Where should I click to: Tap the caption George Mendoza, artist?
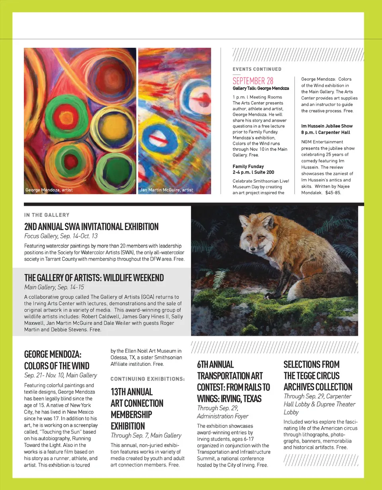(49, 190)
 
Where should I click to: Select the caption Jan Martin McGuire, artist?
(166, 190)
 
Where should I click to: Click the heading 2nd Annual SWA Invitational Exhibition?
(91, 227)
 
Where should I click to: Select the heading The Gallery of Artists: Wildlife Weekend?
(94, 277)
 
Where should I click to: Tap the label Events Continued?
(257, 69)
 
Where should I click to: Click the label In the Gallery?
(47, 215)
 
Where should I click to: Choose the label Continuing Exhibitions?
(147, 379)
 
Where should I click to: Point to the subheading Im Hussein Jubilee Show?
(327, 126)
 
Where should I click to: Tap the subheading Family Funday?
(248, 166)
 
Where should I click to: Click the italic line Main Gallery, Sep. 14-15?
(54, 287)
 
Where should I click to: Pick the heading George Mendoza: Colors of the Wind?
(57, 360)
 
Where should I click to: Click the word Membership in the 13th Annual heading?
(131, 414)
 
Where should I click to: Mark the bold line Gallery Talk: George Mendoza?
(261, 88)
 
